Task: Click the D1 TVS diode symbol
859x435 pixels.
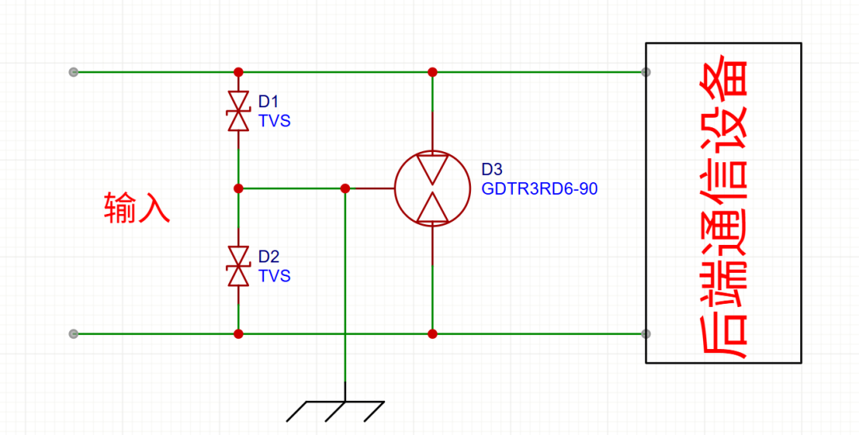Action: click(x=239, y=111)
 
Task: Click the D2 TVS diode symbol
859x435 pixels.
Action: click(x=239, y=266)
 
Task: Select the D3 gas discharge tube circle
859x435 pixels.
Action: click(x=433, y=188)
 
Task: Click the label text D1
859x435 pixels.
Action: click(x=269, y=102)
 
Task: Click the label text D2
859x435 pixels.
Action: click(x=269, y=256)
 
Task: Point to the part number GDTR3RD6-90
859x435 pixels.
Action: click(x=539, y=189)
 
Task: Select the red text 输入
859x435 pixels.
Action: click(x=137, y=208)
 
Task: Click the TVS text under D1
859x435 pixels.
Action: click(x=274, y=121)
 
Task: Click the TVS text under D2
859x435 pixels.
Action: click(x=274, y=276)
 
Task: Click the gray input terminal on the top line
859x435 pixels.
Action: click(x=74, y=72)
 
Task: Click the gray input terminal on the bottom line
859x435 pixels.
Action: click(x=74, y=334)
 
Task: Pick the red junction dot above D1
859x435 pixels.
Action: click(x=239, y=72)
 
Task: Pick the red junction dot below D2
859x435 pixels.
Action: click(x=239, y=334)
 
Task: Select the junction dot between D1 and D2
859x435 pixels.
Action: click(x=239, y=188)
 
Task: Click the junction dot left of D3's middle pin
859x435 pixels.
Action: click(x=345, y=188)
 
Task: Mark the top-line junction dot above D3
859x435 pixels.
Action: click(x=433, y=72)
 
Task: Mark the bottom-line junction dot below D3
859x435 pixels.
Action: click(x=433, y=334)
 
